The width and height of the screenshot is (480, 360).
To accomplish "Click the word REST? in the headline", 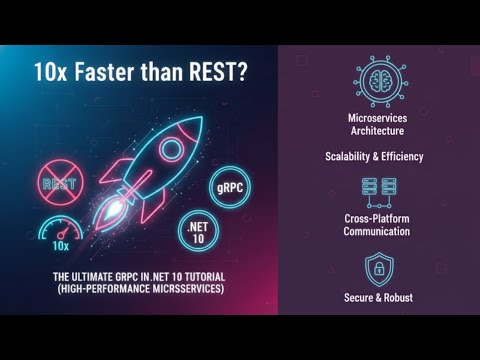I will (x=212, y=74).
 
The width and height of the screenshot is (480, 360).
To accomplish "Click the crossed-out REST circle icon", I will (x=59, y=184).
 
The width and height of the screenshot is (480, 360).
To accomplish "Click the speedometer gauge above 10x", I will (x=60, y=228).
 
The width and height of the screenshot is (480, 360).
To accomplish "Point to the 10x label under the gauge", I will (x=61, y=245).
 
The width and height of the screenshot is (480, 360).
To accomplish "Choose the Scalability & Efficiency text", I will (x=374, y=156).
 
